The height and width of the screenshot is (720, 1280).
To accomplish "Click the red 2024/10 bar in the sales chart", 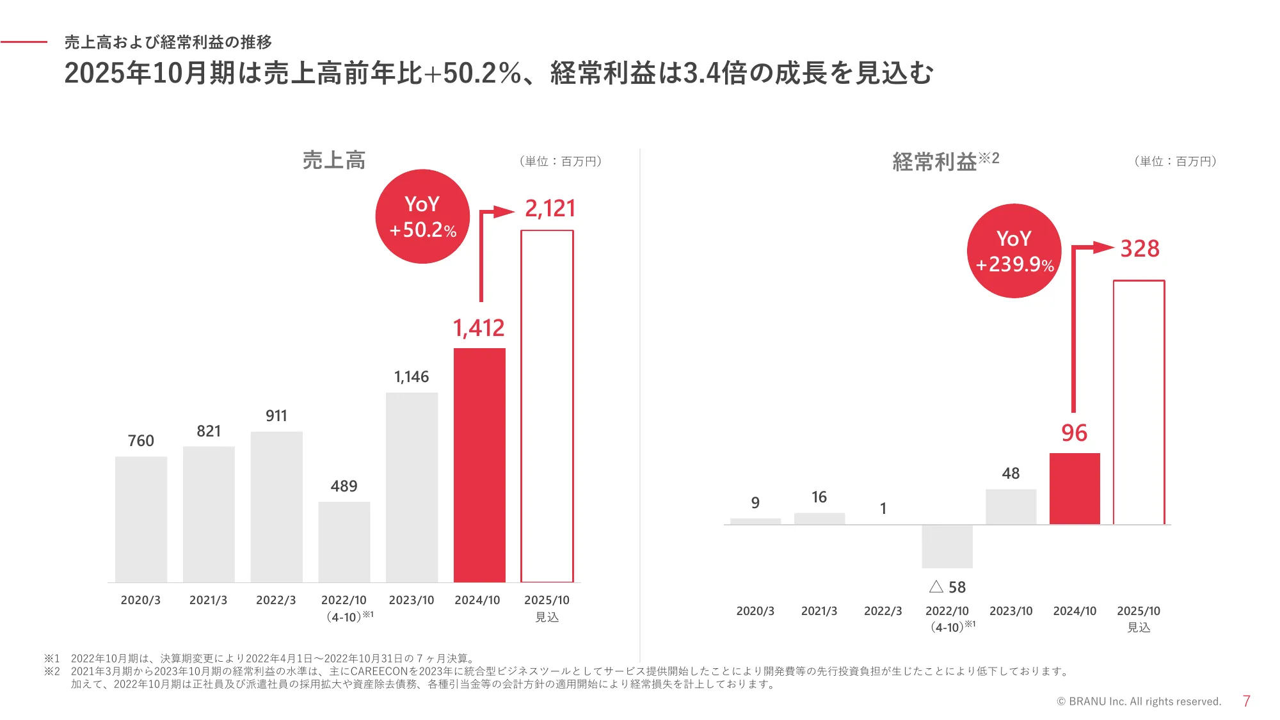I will pos(479,465).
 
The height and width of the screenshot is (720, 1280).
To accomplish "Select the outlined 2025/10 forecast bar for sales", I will pos(547,406).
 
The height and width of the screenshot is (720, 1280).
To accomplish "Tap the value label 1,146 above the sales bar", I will pos(411,377).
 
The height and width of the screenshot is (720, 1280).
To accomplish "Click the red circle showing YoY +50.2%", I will pos(422,216).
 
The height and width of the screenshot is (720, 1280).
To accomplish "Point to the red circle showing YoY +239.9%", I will pos(1014,251).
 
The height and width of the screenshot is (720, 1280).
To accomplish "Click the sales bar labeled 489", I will pos(344,541).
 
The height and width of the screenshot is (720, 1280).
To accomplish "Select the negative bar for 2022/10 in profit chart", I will pos(947,546).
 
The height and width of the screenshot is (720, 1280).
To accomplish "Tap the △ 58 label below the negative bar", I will pos(947,587).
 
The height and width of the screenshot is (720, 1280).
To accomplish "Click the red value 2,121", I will pos(550,209).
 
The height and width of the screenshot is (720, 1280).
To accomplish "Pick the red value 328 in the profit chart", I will pos(1139,249).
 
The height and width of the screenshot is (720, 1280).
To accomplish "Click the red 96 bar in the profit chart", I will pos(1075,488).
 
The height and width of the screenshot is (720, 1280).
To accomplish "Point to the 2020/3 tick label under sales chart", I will pos(141,600).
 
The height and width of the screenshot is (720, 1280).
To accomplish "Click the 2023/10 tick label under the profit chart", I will pos(1011,611).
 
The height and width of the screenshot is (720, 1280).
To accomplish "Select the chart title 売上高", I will pos(333,160).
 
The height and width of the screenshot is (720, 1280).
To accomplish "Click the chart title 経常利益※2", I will pos(945,161).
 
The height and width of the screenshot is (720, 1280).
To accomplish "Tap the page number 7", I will pos(1246,701).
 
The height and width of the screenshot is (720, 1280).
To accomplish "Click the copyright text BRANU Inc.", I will pos(1139,701).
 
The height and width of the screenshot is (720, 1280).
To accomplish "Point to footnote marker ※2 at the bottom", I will pos(52,671).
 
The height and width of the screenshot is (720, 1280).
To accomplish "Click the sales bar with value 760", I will pos(141,519).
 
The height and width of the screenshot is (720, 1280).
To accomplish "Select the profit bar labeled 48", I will pos(1011,507).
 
